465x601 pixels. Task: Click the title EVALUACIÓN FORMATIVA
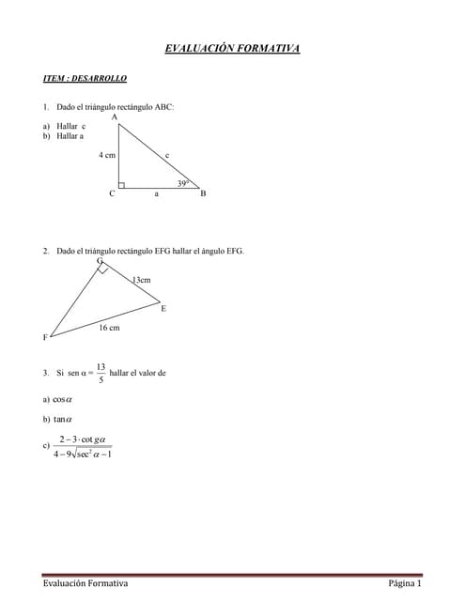coord(232,49)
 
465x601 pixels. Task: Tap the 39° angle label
coord(183,183)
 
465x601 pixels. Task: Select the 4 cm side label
coord(106,154)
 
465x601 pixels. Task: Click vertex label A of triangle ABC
coord(114,117)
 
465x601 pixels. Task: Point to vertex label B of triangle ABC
coord(203,193)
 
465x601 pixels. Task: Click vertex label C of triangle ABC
coord(112,193)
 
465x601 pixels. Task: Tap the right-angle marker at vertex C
coord(121,185)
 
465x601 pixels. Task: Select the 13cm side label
coord(141,280)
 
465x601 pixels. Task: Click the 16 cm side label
coord(109,328)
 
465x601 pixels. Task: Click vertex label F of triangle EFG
coord(45,337)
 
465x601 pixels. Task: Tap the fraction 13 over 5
coord(101,373)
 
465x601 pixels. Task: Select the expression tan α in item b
coord(62,419)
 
